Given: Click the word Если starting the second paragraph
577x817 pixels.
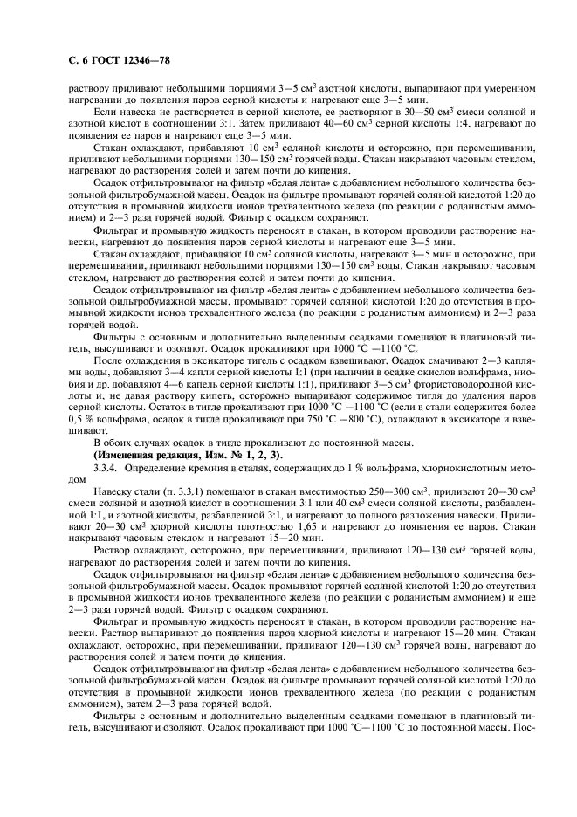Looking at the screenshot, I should tap(103, 112).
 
